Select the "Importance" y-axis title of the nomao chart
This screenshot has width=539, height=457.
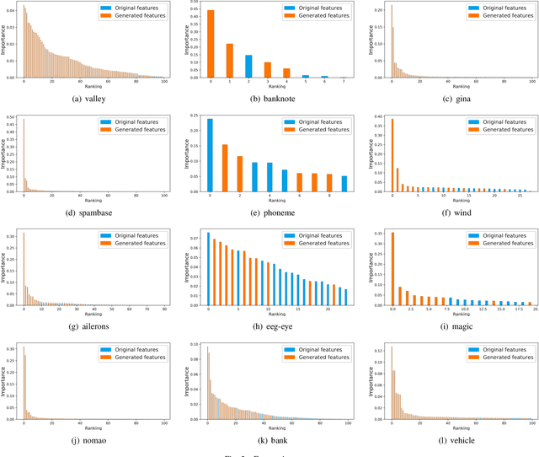click(x=4, y=384)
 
